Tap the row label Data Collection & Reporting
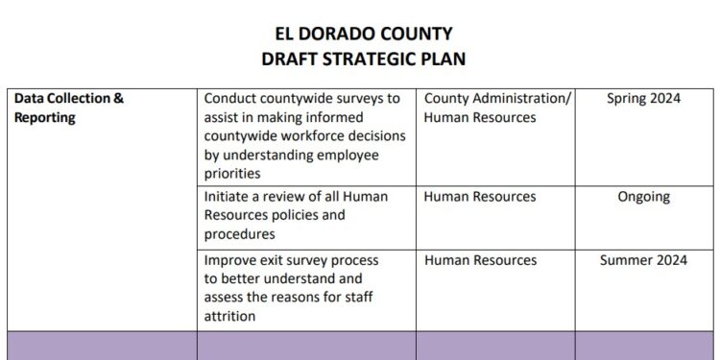pyautogui.click(x=69, y=108)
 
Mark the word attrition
pyautogui.click(x=229, y=316)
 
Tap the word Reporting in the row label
pyautogui.click(x=44, y=118)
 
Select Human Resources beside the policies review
pyautogui.click(x=480, y=197)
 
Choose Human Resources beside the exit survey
pyautogui.click(x=480, y=260)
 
